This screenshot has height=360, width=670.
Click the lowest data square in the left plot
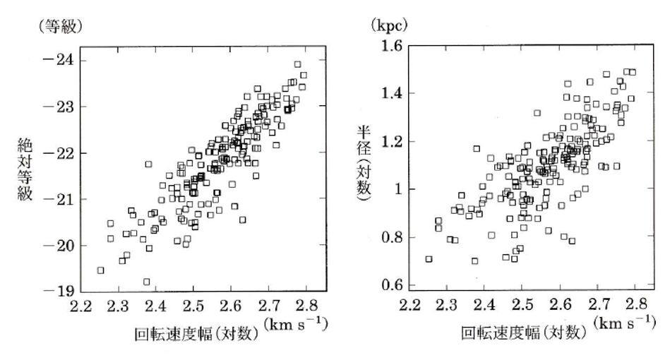tap(147, 282)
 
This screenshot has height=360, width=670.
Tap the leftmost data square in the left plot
tap(100, 270)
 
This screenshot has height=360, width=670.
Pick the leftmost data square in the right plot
tap(429, 259)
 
